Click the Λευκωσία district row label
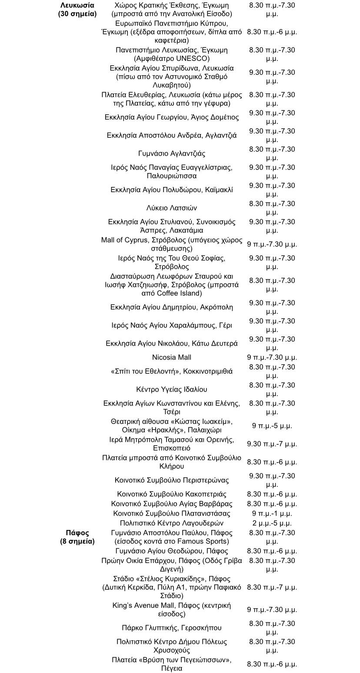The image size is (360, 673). (x=77, y=10)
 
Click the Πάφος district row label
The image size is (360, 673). (x=77, y=537)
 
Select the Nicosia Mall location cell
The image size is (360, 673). (x=171, y=357)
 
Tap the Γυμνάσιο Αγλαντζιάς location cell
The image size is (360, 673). (x=171, y=153)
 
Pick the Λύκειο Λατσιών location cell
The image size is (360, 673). (x=171, y=208)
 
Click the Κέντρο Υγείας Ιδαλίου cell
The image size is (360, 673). (x=171, y=389)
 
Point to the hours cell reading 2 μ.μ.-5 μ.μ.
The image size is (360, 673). (x=272, y=523)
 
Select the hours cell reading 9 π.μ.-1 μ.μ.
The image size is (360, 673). (x=272, y=513)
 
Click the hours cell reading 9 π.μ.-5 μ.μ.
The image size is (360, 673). (x=272, y=426)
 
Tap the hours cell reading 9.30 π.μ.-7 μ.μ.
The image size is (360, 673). (x=272, y=444)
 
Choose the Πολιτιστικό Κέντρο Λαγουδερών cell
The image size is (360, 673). (x=171, y=523)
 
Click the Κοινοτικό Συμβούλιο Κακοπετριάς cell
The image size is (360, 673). (x=171, y=494)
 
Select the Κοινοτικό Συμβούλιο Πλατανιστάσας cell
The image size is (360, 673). (x=171, y=513)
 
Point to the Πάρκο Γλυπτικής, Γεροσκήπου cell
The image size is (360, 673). (x=171, y=628)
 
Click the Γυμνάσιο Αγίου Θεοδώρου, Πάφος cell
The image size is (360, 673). (x=171, y=551)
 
